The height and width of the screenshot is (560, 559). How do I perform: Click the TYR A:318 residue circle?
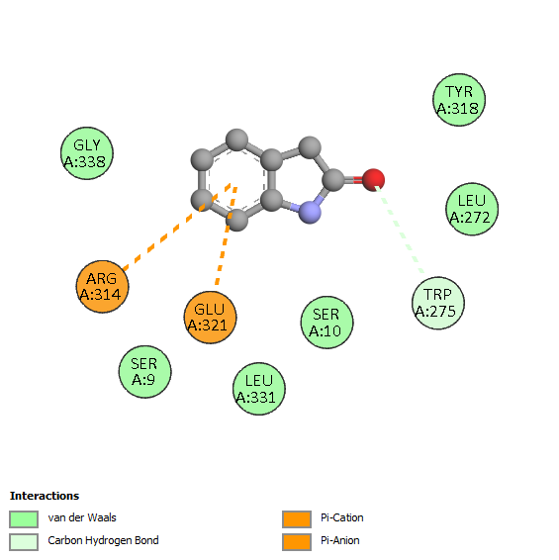[x=459, y=100]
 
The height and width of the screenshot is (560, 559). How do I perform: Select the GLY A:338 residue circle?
[x=87, y=153]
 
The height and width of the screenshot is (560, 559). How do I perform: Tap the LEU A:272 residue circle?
[x=472, y=209]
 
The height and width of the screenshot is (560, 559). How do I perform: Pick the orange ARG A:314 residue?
[x=103, y=286]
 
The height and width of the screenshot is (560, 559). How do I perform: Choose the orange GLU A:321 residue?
[x=211, y=318]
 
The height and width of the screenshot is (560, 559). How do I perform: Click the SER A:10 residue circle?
[x=326, y=323]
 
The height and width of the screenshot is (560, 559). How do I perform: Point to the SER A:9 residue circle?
[x=144, y=371]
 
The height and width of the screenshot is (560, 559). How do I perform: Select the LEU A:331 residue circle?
[x=259, y=389]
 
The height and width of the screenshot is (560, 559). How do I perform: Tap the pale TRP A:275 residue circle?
[x=438, y=303]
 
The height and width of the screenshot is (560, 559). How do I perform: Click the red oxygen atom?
[x=373, y=179]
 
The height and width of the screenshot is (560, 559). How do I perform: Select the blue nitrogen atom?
[x=310, y=213]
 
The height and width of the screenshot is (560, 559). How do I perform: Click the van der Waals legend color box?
[x=24, y=518]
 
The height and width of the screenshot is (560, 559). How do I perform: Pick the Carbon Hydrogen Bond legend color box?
[x=24, y=542]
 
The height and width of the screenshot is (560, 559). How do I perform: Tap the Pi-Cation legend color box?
[x=297, y=518]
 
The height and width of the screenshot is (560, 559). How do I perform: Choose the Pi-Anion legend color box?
[x=297, y=542]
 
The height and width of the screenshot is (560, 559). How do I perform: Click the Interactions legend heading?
[x=45, y=496]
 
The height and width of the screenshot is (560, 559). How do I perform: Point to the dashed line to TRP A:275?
[x=399, y=229]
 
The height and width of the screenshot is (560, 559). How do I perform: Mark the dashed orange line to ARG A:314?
[x=177, y=227]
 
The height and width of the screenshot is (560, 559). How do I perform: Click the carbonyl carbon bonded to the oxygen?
[x=334, y=180]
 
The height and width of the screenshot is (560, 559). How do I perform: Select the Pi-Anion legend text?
[x=340, y=540]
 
